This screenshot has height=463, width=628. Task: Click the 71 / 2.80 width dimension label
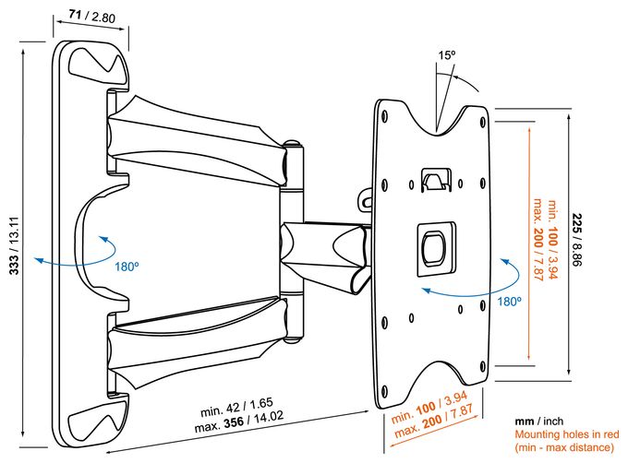point(92,17)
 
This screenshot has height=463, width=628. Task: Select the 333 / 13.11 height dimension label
point(14,245)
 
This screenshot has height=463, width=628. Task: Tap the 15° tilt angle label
point(447,55)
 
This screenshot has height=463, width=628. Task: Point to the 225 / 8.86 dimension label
point(577,240)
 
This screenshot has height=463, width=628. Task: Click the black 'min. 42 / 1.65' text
point(236,407)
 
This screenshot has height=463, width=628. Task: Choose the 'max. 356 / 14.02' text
point(239,421)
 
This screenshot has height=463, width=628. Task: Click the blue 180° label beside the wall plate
point(127,267)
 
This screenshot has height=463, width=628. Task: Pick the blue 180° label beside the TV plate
point(510,301)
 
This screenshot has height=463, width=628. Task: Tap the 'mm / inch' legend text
point(539,421)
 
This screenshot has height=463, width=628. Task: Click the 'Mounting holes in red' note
point(567,434)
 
